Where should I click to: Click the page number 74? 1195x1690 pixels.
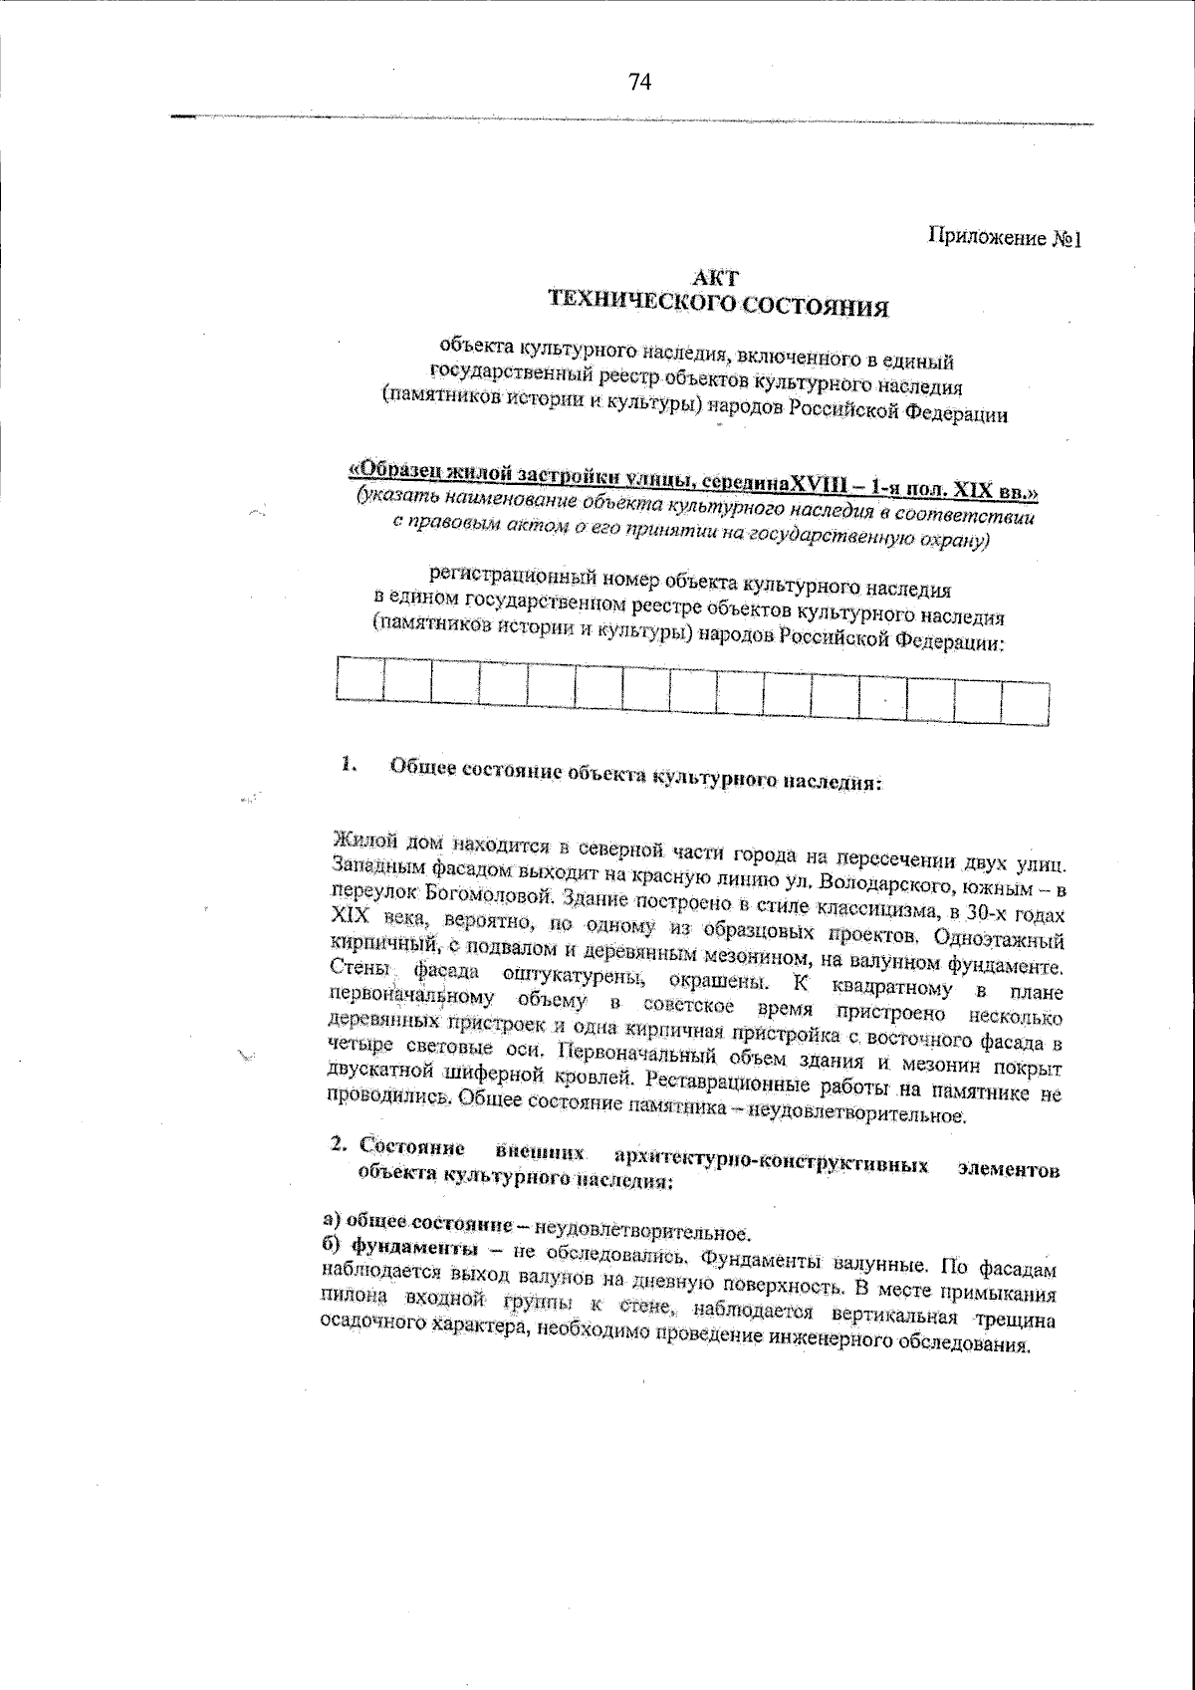pyautogui.click(x=639, y=84)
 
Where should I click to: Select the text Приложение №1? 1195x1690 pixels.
pyautogui.click(x=1004, y=239)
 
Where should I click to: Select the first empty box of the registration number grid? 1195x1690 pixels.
pyautogui.click(x=360, y=679)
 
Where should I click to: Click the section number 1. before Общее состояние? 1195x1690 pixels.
pyautogui.click(x=347, y=765)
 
